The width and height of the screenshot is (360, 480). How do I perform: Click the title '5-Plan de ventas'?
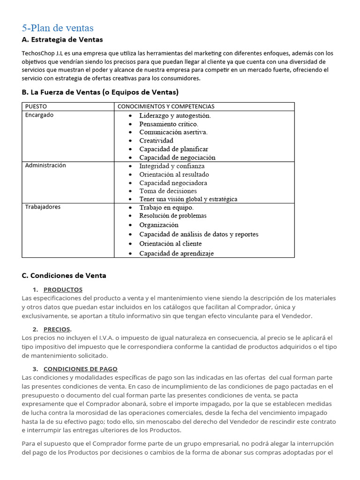coord(58,28)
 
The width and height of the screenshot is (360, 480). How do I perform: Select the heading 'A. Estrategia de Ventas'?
coord(62,39)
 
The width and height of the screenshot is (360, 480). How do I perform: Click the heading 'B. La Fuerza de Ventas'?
coord(100,92)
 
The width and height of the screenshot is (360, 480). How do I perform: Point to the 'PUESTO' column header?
coord(36,106)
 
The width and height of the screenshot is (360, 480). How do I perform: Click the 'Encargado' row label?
coord(39,115)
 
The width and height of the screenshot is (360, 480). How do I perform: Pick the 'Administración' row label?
coord(45,165)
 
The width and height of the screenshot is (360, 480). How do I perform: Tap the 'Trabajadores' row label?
coord(43,207)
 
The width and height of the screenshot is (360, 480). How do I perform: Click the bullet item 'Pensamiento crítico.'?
coord(169,124)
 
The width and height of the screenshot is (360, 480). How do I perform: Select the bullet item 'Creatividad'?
coord(156,141)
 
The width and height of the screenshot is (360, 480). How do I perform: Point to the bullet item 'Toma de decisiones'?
coord(168,191)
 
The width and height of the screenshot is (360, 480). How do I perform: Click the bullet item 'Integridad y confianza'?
coord(172,166)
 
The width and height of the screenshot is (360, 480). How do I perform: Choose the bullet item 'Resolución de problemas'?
coord(172,216)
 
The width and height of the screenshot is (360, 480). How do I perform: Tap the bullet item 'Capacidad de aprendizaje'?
coord(176,253)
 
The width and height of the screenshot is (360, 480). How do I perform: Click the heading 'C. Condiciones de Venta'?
coord(64,275)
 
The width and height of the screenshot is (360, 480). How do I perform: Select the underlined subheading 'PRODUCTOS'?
coord(63,290)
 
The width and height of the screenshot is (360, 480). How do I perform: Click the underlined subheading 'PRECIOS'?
coord(57,329)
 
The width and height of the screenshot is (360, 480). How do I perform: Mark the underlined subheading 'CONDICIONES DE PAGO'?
coord(80,369)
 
